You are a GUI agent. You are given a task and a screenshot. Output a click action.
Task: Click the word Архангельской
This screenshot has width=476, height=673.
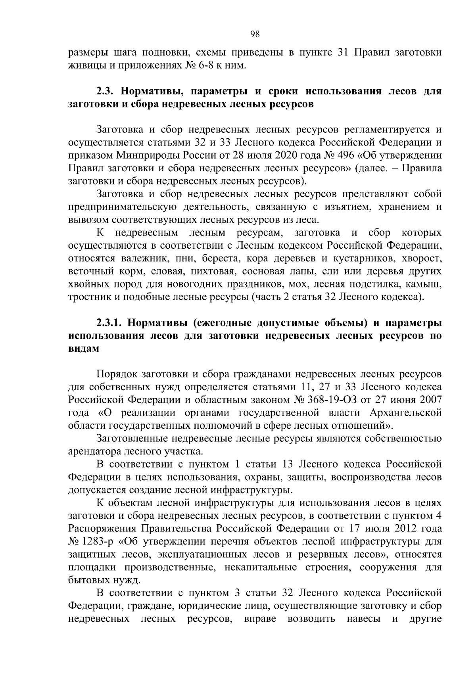405,413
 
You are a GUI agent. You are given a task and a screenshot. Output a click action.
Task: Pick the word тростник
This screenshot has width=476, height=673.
86,297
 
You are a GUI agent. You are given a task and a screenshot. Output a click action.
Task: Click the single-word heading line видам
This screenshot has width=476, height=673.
82,349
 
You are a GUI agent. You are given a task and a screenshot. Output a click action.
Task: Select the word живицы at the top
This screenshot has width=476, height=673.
85,65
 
